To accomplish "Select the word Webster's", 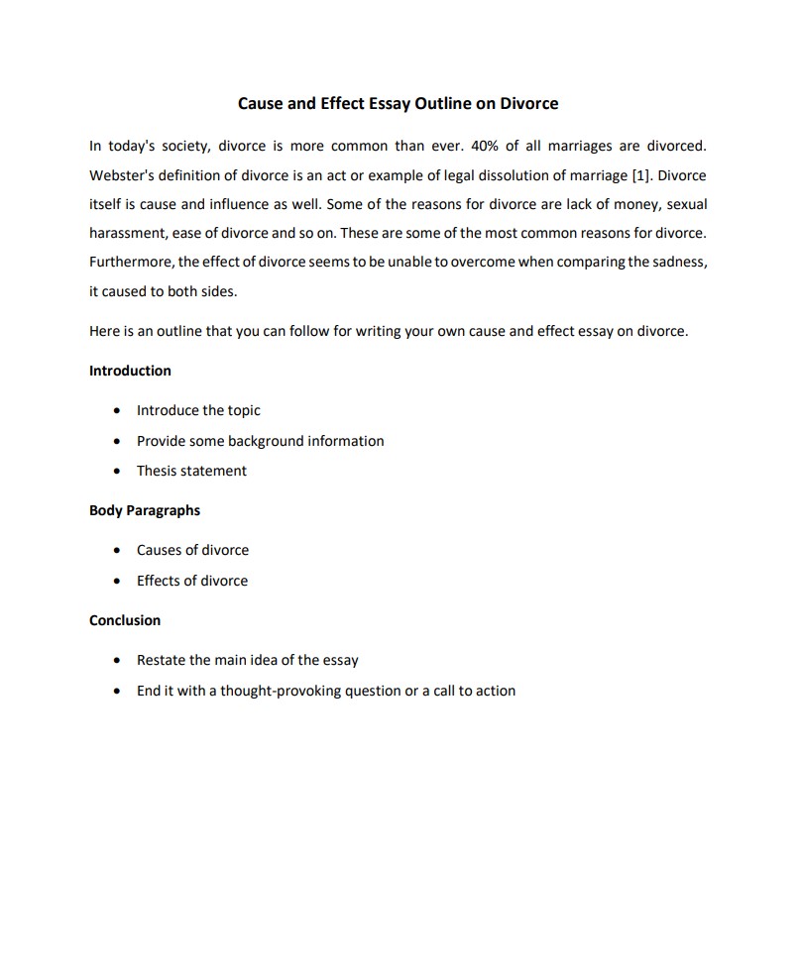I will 123,175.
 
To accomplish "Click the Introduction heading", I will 130,371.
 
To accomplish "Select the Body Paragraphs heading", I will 145,510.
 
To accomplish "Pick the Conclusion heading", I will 125,620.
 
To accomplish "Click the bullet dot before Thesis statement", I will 118,471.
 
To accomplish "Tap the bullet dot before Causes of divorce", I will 118,551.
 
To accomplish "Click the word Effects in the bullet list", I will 160,581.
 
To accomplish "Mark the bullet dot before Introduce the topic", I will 118,411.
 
